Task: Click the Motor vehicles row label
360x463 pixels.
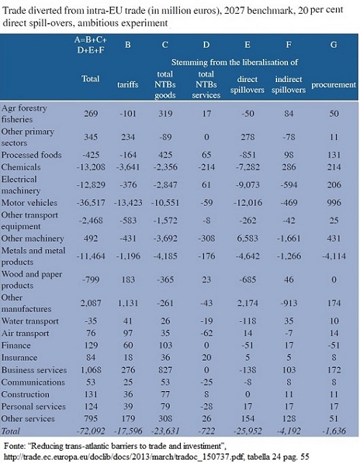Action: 30,203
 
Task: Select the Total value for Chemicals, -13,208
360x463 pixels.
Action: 91,167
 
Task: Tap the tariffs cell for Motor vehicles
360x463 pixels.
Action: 128,203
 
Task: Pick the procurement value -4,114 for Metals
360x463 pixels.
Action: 333,256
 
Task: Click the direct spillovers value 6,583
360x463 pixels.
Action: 248,238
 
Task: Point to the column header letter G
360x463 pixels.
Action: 333,45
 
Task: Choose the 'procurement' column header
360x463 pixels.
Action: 333,85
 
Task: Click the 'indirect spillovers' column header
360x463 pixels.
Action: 289,84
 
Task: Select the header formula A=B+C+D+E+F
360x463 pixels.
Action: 91,45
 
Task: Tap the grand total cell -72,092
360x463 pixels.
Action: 91,431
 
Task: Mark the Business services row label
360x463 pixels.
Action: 34,370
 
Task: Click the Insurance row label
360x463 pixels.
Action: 19,358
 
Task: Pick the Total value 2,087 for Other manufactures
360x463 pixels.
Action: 91,303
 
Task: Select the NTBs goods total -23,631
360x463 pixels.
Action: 165,431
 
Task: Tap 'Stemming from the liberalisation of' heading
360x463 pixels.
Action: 235,63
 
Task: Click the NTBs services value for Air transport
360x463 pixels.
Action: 206,333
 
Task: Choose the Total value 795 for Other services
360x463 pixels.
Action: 91,418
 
